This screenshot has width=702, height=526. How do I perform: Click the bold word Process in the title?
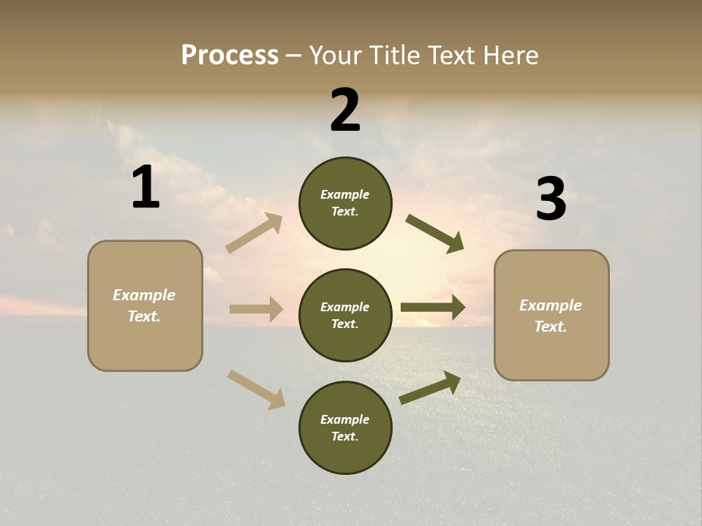(x=230, y=55)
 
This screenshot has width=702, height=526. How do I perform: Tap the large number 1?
(x=146, y=188)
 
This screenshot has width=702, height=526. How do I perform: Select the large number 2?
(x=345, y=110)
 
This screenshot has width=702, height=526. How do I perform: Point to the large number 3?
(x=551, y=199)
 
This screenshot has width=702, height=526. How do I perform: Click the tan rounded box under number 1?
(x=145, y=305)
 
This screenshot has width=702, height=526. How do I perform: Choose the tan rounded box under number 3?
(x=551, y=315)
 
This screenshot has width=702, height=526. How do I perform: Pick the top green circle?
(x=345, y=203)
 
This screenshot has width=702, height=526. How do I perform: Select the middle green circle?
(x=345, y=315)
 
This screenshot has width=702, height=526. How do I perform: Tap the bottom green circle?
(x=345, y=427)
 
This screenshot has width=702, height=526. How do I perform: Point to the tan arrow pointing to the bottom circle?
(x=256, y=389)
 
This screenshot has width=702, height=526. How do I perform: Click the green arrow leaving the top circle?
(x=434, y=234)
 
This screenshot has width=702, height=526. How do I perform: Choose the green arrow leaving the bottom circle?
(x=430, y=388)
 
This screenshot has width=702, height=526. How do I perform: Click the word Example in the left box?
(x=144, y=295)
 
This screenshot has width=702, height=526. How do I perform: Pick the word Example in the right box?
(x=551, y=305)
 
